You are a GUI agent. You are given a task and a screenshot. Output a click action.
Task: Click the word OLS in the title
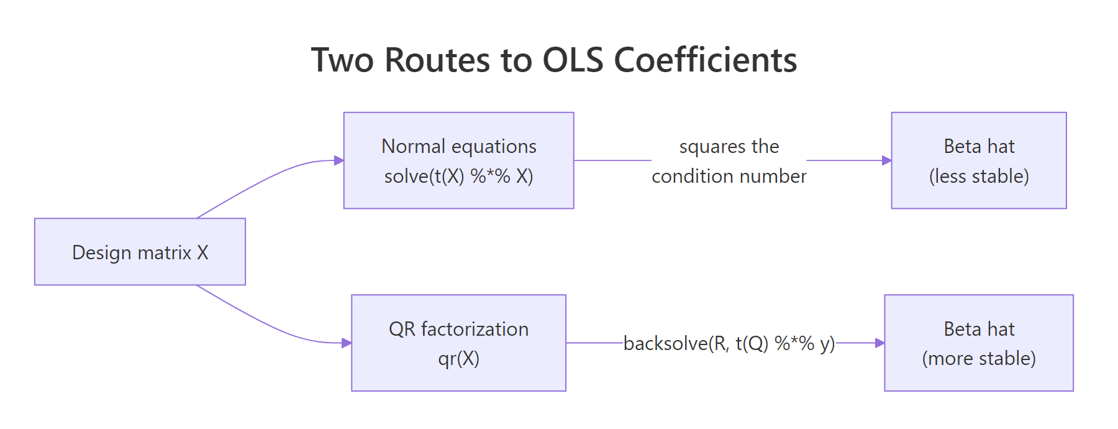(573, 60)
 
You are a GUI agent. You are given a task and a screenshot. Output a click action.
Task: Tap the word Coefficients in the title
(705, 60)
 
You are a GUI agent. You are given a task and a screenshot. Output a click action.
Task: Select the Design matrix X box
(140, 252)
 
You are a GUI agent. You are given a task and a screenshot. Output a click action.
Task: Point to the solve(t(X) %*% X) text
(458, 177)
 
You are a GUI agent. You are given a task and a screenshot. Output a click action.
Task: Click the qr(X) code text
(458, 359)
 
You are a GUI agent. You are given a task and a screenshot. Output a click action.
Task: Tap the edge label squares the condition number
(729, 161)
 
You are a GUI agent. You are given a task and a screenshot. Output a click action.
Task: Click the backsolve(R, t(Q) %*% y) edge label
(729, 343)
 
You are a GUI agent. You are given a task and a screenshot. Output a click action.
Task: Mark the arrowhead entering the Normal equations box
(339, 160)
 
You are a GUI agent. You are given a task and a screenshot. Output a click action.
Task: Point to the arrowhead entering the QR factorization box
(347, 343)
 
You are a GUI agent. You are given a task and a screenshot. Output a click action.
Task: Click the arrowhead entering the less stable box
(887, 160)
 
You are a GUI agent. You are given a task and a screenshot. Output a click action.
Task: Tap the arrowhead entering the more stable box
(879, 343)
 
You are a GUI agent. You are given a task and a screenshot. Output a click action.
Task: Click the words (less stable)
(979, 177)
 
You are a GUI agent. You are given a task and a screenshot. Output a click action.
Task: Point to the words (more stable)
(979, 359)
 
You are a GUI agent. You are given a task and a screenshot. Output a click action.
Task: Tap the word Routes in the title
(437, 60)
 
